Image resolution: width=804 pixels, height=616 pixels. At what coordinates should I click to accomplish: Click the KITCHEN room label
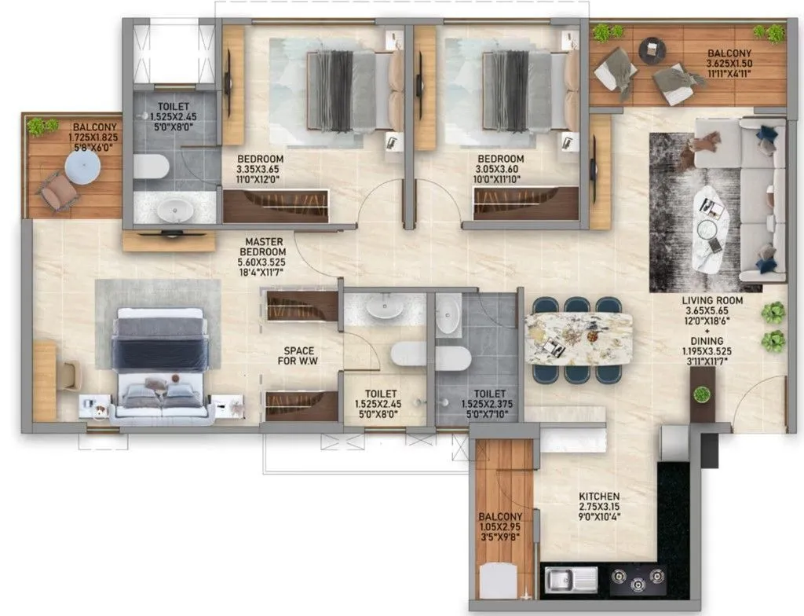[599, 497]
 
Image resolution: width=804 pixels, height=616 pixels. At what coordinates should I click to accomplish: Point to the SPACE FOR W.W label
[299, 355]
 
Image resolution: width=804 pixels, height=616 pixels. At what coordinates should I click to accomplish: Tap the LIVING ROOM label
[712, 300]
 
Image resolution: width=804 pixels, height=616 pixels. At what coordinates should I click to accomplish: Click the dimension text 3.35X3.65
[260, 168]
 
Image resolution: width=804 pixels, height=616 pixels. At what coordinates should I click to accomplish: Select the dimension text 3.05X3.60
[497, 168]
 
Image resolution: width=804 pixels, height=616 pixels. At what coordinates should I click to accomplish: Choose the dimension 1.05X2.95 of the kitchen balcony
[500, 527]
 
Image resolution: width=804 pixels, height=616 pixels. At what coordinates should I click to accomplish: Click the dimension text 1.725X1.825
[96, 137]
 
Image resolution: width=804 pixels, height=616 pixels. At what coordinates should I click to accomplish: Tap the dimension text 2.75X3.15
[599, 508]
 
